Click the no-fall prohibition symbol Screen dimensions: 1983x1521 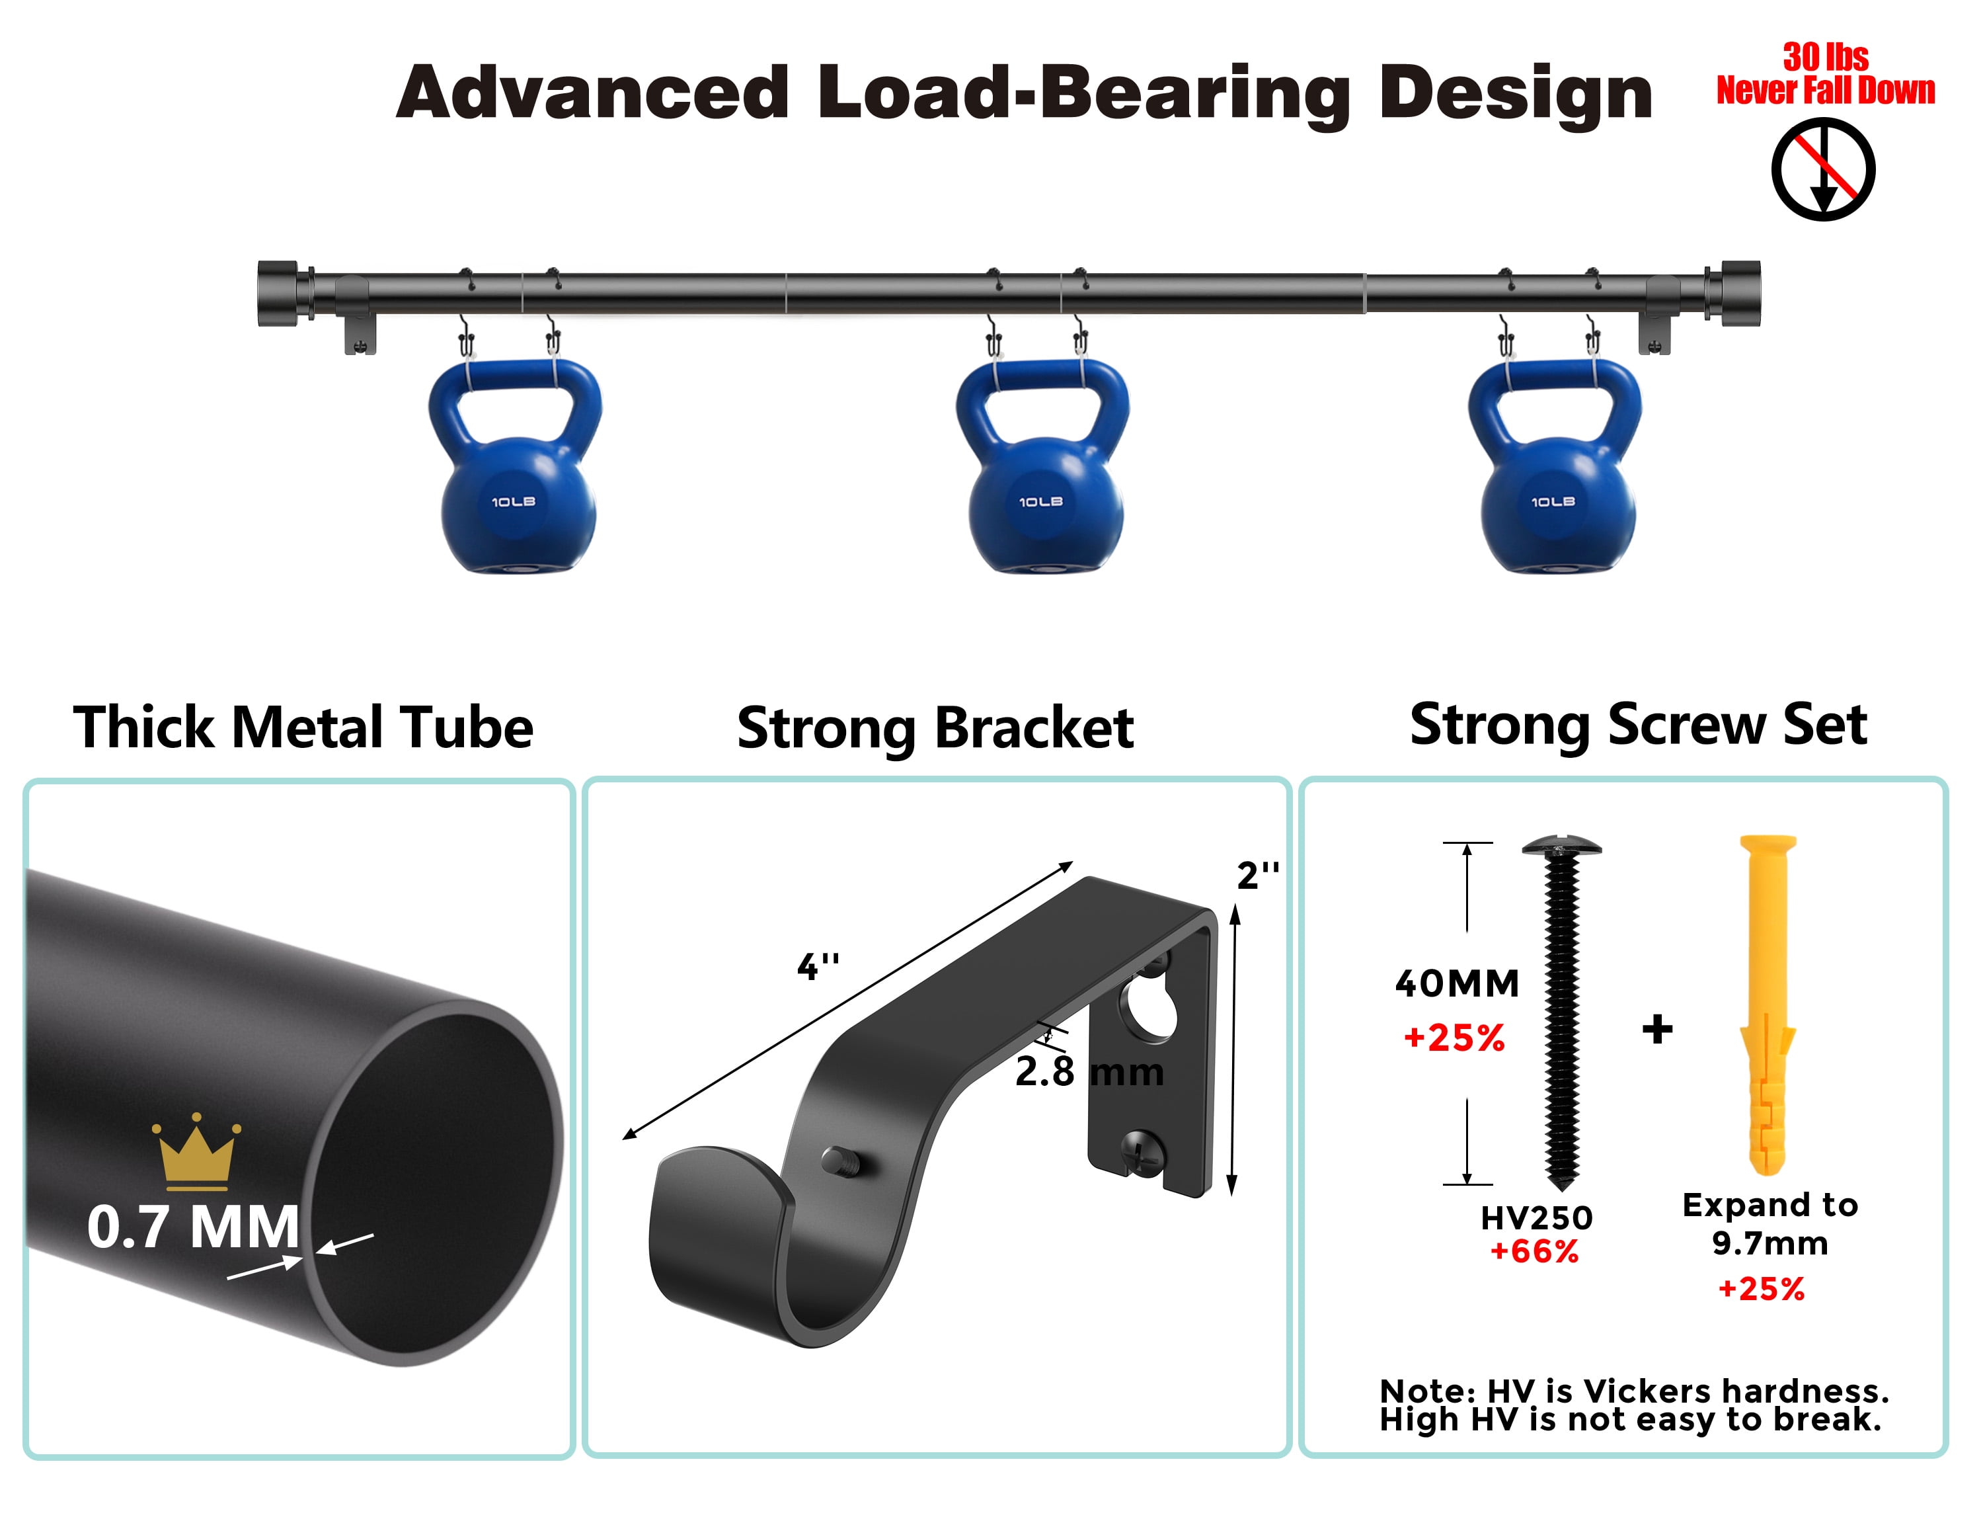click(1823, 169)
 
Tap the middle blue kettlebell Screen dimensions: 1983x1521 click(1042, 466)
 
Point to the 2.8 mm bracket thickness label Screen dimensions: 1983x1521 click(1089, 1073)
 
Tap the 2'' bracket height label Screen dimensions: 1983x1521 click(1258, 876)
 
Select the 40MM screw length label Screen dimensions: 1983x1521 click(1457, 983)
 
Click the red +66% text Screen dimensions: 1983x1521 click(1535, 1251)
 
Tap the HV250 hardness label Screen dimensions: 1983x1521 click(1537, 1217)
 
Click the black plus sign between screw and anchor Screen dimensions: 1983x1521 click(1657, 1030)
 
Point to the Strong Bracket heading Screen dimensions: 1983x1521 click(935, 729)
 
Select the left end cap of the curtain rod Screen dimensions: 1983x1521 click(278, 294)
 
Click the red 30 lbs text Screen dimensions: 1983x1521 click(1826, 57)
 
